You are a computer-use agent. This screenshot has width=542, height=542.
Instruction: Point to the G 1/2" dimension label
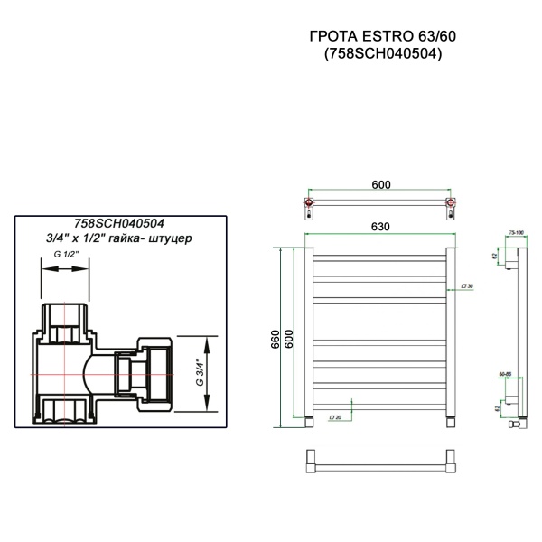click(67, 256)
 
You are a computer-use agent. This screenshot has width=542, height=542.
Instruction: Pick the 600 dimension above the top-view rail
click(379, 186)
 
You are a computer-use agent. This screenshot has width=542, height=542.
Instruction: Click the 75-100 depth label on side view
click(515, 232)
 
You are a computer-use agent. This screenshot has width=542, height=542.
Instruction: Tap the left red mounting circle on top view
click(311, 204)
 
